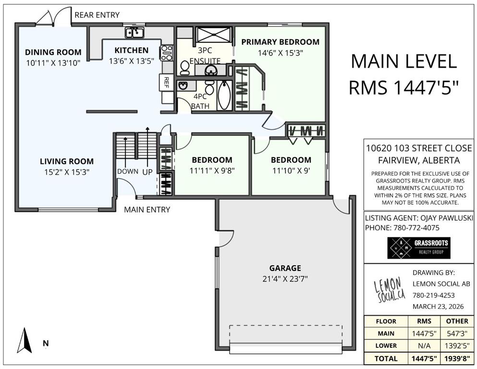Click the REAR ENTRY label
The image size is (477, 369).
tap(97, 15)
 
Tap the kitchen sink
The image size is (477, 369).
tap(134, 32)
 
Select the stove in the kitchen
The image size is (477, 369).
tap(167, 53)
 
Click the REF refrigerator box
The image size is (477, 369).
tap(166, 82)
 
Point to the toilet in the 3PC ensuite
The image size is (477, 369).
tap(184, 68)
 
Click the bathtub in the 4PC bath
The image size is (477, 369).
tap(224, 95)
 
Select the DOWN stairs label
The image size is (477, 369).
tap(128, 171)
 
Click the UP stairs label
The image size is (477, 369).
tap(147, 172)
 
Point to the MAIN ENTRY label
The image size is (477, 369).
tap(147, 209)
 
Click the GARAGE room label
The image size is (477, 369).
tap(285, 268)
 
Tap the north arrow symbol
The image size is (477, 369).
tap(24, 340)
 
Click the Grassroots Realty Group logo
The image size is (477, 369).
tap(418, 248)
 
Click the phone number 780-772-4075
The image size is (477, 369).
tap(416, 228)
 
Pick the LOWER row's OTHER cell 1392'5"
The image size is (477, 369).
tap(457, 345)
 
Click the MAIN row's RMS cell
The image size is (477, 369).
tap(424, 333)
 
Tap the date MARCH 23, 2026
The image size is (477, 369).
tap(438, 307)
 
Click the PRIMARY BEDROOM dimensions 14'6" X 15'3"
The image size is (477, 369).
tap(281, 53)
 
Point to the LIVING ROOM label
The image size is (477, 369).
tap(67, 161)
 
